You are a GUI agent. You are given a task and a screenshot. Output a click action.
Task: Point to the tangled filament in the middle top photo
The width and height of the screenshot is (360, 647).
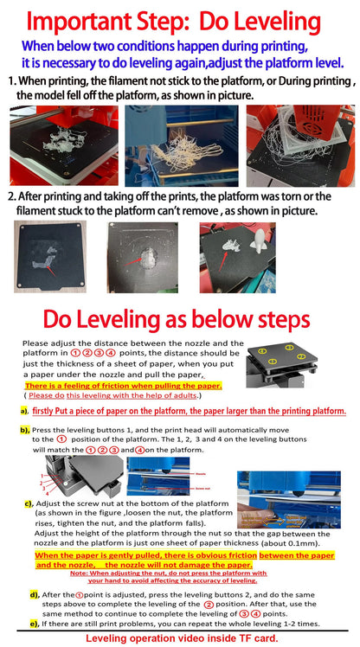179,151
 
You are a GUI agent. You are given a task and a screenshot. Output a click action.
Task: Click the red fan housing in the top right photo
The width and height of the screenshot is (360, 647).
299,121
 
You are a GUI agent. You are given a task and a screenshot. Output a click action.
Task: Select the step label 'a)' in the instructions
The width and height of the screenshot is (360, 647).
24,410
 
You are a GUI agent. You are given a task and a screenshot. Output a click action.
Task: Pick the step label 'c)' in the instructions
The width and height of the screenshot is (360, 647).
29,503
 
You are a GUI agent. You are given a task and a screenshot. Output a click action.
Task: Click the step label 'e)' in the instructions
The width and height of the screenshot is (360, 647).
34,623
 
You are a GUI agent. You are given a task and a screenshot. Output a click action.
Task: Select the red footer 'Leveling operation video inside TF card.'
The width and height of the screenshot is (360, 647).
181,638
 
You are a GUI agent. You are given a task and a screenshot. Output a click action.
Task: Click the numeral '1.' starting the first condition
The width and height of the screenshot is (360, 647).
11,80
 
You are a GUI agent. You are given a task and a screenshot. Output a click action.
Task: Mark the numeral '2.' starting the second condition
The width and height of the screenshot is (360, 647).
12,197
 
